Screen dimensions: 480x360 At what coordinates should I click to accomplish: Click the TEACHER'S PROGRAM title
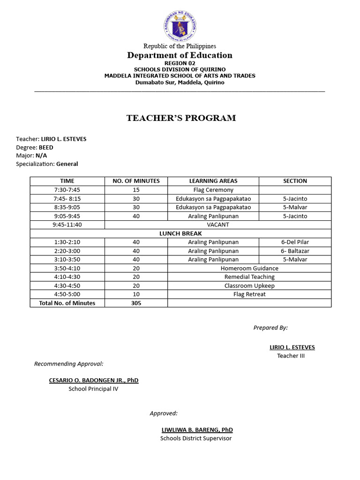[x=181, y=118]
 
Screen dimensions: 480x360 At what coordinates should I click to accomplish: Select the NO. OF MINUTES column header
[x=136, y=181]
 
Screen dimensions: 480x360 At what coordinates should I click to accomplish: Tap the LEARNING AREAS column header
[x=213, y=181]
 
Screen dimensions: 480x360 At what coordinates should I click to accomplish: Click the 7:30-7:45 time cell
[x=67, y=190]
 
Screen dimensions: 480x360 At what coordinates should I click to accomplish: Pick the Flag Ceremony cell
[x=213, y=190]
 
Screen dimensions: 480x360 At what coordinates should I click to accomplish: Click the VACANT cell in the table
[x=218, y=225]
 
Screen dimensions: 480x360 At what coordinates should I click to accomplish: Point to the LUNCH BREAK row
[x=180, y=233]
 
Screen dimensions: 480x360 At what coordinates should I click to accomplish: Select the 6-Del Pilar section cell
[x=295, y=242]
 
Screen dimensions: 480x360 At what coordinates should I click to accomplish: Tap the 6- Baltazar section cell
[x=295, y=251]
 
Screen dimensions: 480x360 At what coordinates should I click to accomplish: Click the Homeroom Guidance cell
[x=249, y=269]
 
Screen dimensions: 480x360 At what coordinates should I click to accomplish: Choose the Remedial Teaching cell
[x=249, y=277]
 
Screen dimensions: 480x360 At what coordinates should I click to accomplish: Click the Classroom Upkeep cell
[x=249, y=285]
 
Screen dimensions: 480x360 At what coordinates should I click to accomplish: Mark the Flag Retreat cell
[x=249, y=294]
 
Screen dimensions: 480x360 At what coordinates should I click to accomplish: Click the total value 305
[x=136, y=303]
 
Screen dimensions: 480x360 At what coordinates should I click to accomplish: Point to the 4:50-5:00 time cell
[x=67, y=294]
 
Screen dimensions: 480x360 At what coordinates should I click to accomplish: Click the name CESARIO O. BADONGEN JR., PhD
[x=94, y=380]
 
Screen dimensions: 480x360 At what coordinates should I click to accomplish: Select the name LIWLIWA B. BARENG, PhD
[x=197, y=430]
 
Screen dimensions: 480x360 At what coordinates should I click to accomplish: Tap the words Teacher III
[x=291, y=356]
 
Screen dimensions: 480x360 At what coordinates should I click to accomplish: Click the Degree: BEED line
[x=35, y=147]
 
